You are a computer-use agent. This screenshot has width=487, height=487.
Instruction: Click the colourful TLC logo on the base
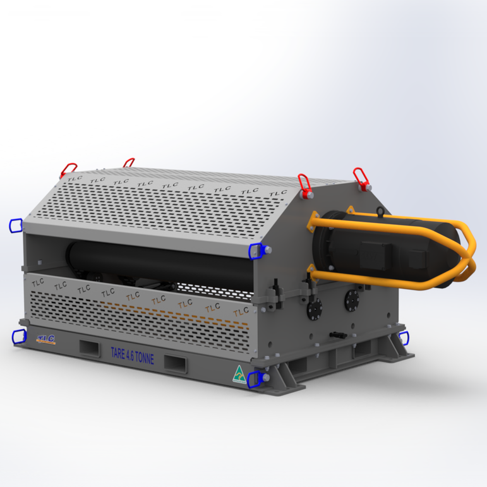tap(45, 339)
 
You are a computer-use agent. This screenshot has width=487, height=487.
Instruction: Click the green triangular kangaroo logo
tap(239, 374)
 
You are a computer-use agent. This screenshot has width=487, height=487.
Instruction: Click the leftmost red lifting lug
tap(68, 170)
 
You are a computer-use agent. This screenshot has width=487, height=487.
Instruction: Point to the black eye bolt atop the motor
tap(380, 211)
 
